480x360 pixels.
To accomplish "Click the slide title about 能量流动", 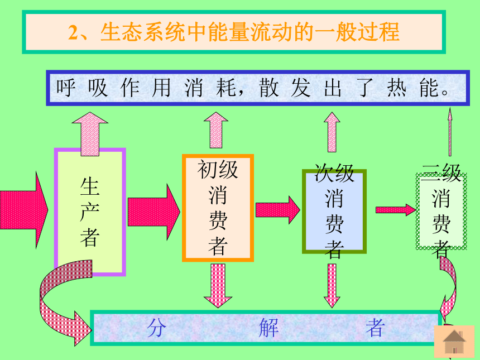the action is pos(234,32).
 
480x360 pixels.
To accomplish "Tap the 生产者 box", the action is pos(90,212).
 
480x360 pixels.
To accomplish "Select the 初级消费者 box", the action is pos(218,208).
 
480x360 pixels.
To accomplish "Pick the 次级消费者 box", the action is pos(334,211).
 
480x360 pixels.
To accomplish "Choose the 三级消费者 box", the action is pos(441,211).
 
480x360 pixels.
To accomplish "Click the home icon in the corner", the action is pos(454,342).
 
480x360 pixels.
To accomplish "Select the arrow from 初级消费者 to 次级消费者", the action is pos(277,210).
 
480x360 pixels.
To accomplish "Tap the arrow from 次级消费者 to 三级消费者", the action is pos(396,210).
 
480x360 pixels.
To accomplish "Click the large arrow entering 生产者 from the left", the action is pos(24,210).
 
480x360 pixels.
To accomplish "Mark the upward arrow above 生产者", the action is pos(90,134).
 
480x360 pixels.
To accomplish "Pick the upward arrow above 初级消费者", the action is pos(216,130).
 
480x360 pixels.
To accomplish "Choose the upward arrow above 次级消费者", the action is pos(332,132).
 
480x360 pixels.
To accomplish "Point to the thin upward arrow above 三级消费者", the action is pos(450,132).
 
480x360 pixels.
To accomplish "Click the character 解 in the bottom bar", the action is pos(269,328).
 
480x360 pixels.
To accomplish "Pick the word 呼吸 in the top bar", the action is pos(82,88).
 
